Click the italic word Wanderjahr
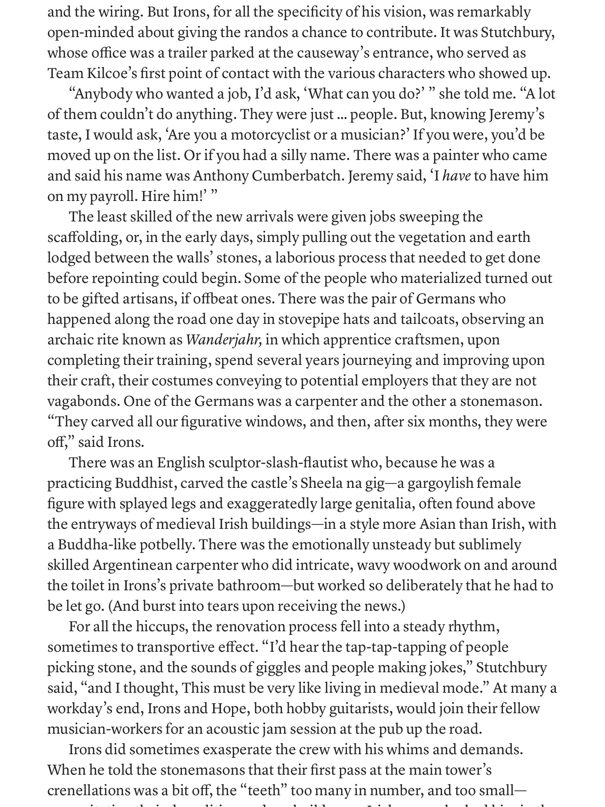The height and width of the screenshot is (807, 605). pos(223,340)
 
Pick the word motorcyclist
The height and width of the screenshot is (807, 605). pos(271,135)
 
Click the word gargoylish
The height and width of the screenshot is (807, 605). pos(440,483)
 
